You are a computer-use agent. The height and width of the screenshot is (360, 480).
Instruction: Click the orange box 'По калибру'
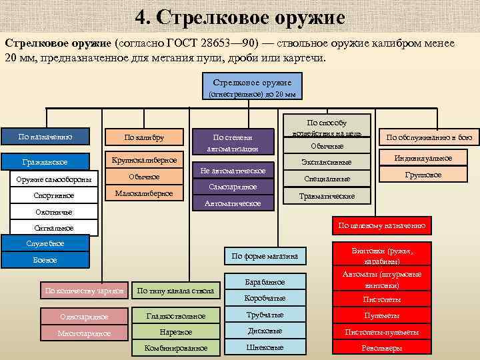[144, 137]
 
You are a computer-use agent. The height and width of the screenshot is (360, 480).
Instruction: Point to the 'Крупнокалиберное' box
[144, 160]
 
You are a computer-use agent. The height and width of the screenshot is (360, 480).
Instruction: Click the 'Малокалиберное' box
[144, 193]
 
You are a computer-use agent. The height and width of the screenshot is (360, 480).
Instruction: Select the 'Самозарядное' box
[233, 187]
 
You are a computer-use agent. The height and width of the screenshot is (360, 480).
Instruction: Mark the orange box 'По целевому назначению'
[381, 225]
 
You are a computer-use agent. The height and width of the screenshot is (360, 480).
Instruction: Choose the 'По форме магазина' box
[265, 256]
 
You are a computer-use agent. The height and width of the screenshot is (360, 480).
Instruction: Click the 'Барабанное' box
[265, 282]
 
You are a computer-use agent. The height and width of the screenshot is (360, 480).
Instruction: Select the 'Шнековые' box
[265, 347]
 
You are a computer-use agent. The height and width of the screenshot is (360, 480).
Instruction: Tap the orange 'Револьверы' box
[381, 348]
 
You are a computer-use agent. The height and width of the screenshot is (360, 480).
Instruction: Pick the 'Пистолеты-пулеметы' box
[381, 331]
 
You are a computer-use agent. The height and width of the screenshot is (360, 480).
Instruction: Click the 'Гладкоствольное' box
[176, 315]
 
